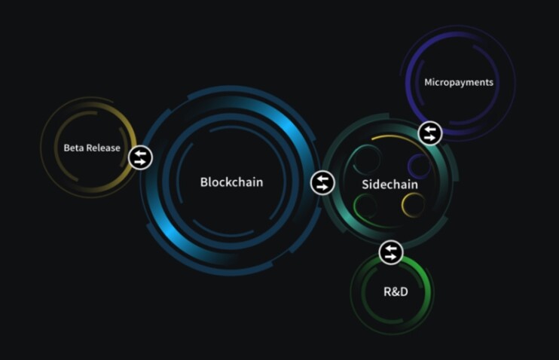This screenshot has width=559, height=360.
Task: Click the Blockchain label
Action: pyautogui.click(x=232, y=182)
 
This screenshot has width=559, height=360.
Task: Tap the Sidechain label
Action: pyautogui.click(x=389, y=185)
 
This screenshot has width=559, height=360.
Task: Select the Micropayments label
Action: pyautogui.click(x=459, y=82)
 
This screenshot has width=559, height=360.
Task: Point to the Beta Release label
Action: pyautogui.click(x=92, y=148)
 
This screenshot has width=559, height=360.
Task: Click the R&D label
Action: pyautogui.click(x=396, y=292)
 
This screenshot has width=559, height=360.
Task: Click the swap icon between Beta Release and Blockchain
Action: pyautogui.click(x=140, y=157)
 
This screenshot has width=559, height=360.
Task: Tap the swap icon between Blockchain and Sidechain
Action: pyautogui.click(x=322, y=183)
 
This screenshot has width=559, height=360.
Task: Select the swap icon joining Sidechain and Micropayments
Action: pyautogui.click(x=430, y=133)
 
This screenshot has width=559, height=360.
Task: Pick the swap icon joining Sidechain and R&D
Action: pyautogui.click(x=391, y=252)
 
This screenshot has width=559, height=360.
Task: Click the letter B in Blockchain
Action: pyautogui.click(x=204, y=182)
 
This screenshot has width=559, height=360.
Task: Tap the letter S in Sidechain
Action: pyautogui.click(x=365, y=185)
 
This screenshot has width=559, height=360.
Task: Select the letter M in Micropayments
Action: pyautogui.click(x=429, y=82)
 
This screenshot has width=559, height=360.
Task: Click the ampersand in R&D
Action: pyautogui.click(x=396, y=292)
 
